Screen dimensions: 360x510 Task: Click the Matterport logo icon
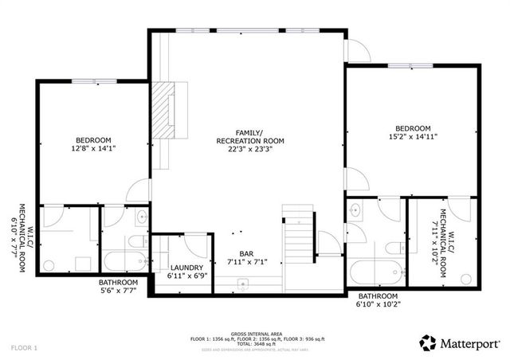pos(427,343)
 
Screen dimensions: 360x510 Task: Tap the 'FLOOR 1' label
pos(24,348)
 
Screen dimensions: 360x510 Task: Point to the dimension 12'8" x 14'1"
pos(93,148)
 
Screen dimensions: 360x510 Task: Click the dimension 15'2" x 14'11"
pos(412,137)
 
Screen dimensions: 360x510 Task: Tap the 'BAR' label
pos(236,252)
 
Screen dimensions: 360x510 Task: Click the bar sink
pos(244,284)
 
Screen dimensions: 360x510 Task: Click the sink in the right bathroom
pos(355,211)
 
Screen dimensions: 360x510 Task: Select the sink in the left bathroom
pos(141,214)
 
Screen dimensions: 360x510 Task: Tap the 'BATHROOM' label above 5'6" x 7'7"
pos(118,282)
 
